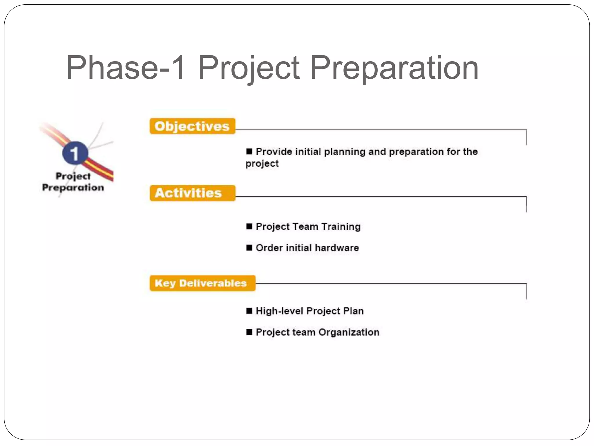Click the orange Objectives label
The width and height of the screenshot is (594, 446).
pyautogui.click(x=192, y=126)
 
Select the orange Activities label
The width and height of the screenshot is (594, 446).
pyautogui.click(x=192, y=193)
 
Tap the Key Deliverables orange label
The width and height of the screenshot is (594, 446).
pyautogui.click(x=202, y=283)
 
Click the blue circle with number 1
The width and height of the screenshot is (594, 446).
pyautogui.click(x=75, y=153)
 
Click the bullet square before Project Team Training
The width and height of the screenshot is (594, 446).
pyautogui.click(x=249, y=226)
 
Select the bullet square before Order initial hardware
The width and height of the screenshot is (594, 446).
pyautogui.click(x=249, y=248)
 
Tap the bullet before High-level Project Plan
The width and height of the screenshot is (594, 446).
pyautogui.click(x=249, y=311)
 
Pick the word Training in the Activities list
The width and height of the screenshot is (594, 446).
pyautogui.click(x=341, y=227)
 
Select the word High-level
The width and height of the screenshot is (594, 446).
pyautogui.click(x=279, y=311)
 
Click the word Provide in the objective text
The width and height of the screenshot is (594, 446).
pyautogui.click(x=274, y=152)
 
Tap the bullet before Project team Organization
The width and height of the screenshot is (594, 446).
pyautogui.click(x=249, y=332)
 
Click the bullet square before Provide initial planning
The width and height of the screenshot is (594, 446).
pyautogui.click(x=249, y=152)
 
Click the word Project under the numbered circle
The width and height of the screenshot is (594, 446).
pyautogui.click(x=73, y=176)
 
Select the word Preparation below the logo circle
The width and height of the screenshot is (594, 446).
pyautogui.click(x=73, y=188)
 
